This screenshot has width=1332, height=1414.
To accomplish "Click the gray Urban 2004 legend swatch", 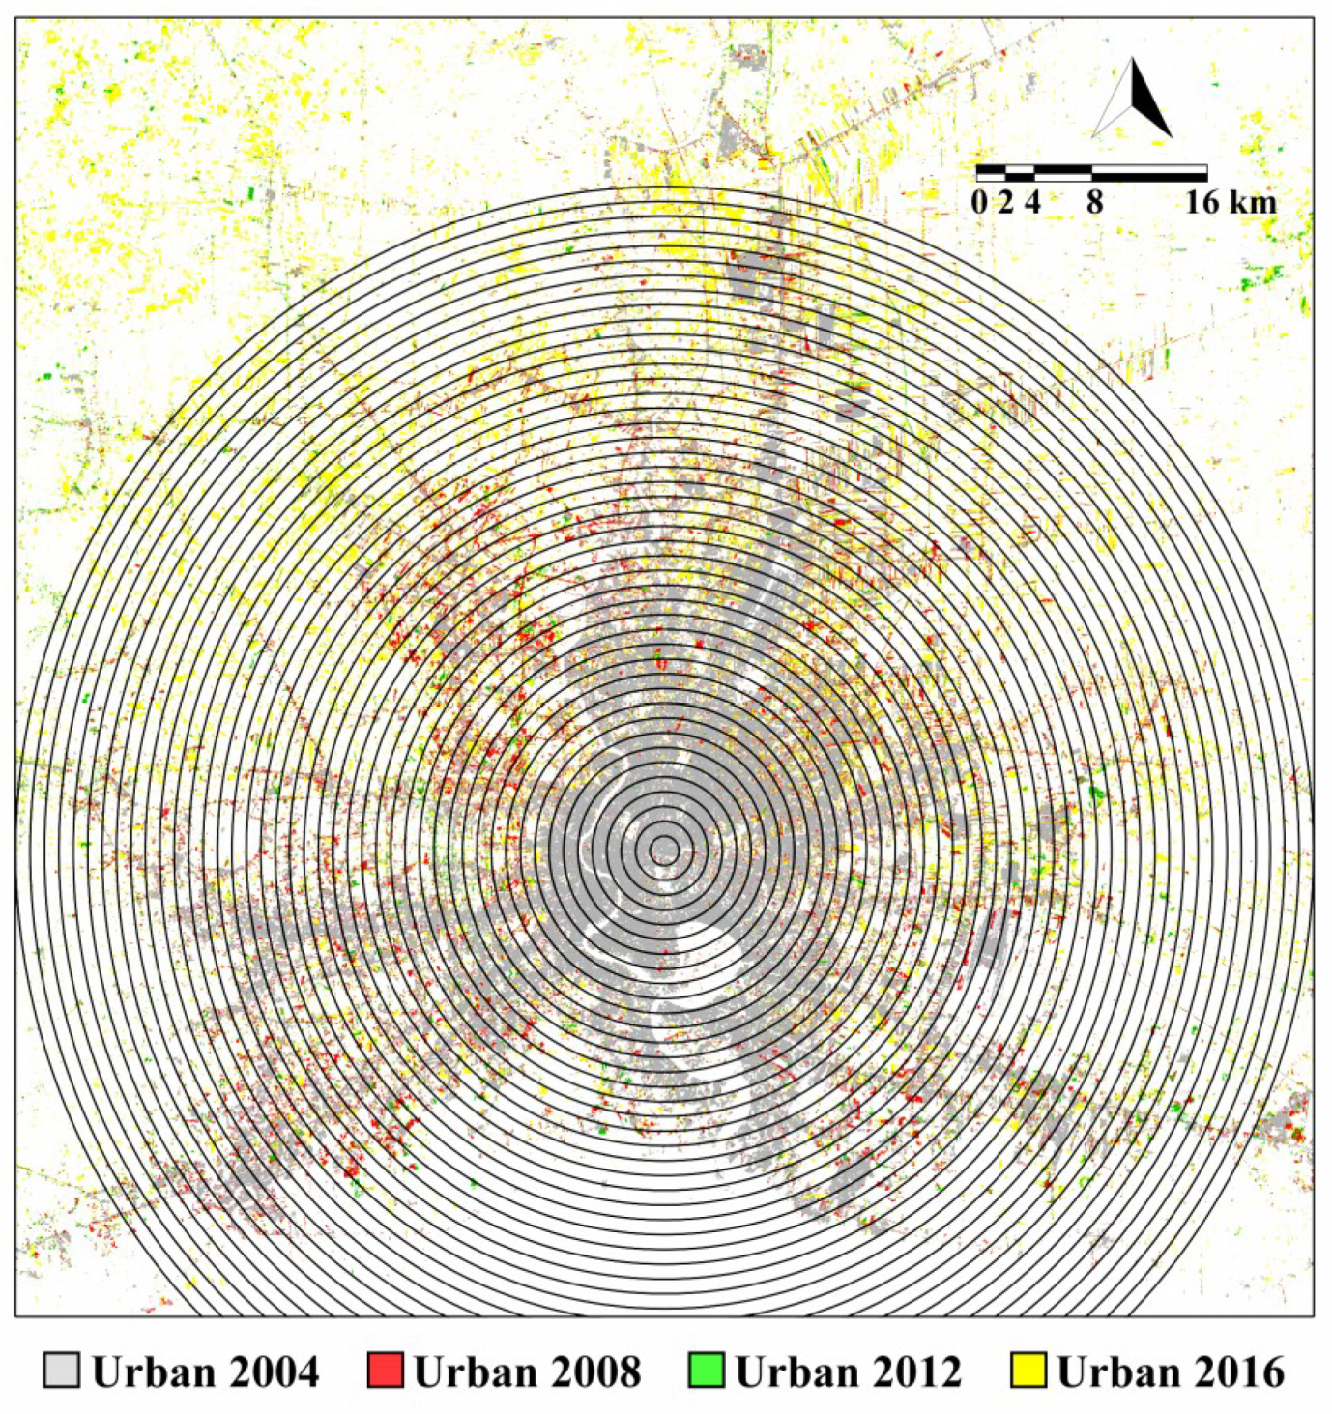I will tap(61, 1371).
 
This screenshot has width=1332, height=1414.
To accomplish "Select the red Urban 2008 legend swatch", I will tap(385, 1371).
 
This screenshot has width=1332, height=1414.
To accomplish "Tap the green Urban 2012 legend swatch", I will tap(707, 1371).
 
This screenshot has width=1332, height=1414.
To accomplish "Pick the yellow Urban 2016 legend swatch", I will tap(1028, 1371).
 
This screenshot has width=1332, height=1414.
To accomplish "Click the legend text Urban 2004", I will tap(205, 1371).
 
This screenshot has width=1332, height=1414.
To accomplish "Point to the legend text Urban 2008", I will tap(527, 1371).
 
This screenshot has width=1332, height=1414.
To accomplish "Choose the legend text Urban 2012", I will tap(849, 1371).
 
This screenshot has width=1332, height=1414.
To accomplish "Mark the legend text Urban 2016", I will tap(1171, 1371).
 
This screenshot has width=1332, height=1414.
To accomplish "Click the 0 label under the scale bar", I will tap(979, 203).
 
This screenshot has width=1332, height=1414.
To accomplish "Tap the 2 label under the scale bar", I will tap(1006, 203).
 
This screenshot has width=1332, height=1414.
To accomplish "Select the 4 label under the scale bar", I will tap(1033, 203).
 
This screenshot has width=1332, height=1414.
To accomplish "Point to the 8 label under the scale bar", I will tap(1093, 203).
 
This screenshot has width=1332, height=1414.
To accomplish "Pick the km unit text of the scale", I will tap(1254, 203).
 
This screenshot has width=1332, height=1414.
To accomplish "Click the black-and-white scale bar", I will tap(1091, 174).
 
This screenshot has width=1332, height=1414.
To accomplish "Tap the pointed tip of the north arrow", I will tap(1133, 60).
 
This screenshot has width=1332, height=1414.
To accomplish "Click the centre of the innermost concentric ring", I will tap(664, 851).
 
